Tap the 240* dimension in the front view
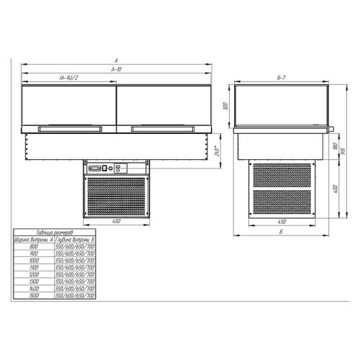(217, 153)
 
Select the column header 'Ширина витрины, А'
(31, 240)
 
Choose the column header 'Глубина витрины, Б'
(73, 240)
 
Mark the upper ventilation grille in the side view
(282, 176)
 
